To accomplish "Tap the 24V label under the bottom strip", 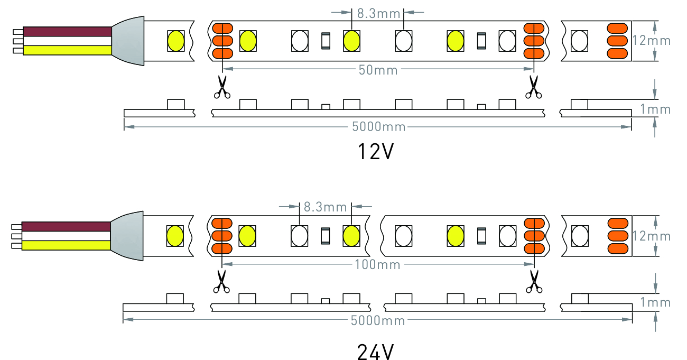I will tap(376, 351).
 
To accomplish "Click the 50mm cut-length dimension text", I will tap(378, 70).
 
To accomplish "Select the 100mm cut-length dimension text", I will tap(378, 264).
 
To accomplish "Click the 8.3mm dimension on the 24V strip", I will tap(326, 207).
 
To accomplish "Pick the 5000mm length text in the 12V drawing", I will tap(378, 127).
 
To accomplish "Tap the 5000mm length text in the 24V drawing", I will tap(378, 321).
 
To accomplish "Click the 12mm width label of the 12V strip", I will tap(651, 41).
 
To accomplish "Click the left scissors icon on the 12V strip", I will tap(222, 87).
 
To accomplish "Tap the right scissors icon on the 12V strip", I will tap(533, 87).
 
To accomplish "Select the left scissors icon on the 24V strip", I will tap(222, 281).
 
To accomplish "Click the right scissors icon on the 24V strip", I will tap(534, 281).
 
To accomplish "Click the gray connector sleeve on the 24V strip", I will tap(129, 236).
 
